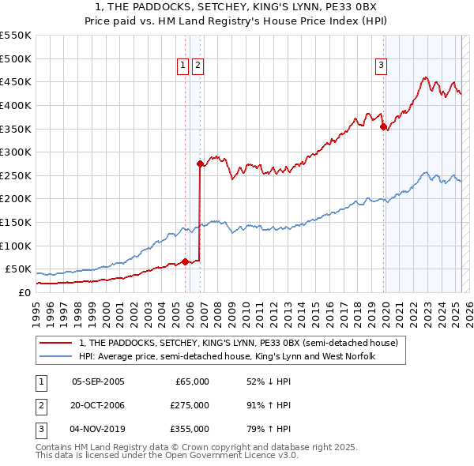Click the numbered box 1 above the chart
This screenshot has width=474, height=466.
[183, 66]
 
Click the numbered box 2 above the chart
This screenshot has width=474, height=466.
[197, 66]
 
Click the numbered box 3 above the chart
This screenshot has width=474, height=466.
[381, 66]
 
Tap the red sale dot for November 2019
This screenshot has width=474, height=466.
[383, 126]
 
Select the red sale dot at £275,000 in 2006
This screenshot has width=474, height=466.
[200, 163]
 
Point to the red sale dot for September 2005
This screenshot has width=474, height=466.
[185, 261]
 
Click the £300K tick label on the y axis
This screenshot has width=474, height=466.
[16, 152]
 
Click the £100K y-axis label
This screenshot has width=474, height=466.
[16, 246]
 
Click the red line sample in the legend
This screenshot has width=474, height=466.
[56, 343]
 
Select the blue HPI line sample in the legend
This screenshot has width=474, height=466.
[56, 356]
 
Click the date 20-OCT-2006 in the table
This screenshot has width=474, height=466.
[98, 404]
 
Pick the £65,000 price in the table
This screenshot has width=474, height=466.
[191, 381]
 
